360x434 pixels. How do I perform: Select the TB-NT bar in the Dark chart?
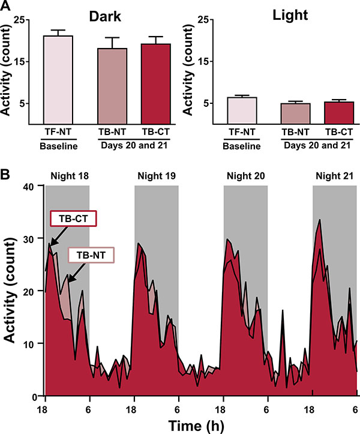110,86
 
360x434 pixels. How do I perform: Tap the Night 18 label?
67,176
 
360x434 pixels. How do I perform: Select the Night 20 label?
246,176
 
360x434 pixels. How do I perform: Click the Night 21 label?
335,176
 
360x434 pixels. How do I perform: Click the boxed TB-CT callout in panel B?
73,220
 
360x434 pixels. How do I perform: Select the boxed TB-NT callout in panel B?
91,255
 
